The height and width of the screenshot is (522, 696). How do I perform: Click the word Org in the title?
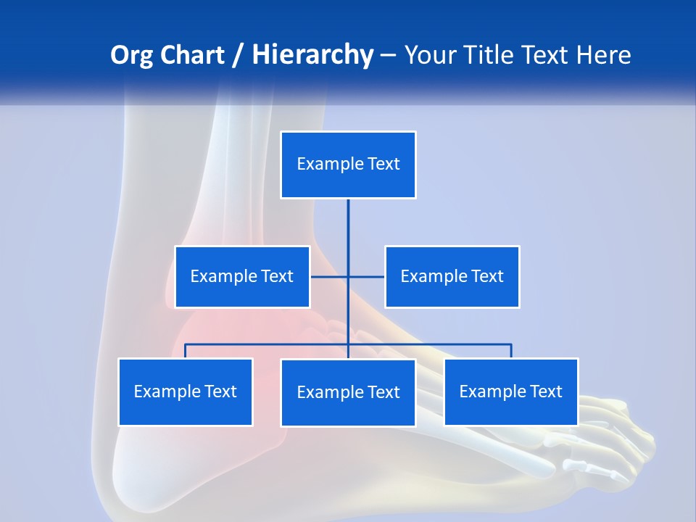[x=130, y=55]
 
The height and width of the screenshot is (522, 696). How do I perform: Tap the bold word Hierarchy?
[x=312, y=55]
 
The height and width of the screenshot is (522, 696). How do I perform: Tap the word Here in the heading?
[x=603, y=55]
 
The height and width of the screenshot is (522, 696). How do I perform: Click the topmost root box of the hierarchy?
[x=348, y=165]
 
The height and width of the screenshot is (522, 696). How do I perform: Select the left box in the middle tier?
[x=242, y=276]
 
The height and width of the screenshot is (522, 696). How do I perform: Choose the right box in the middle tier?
[x=452, y=276]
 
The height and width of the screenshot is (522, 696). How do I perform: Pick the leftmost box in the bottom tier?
[x=186, y=391]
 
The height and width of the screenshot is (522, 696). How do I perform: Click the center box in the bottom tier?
[x=348, y=392]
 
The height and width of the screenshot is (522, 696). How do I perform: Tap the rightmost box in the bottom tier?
[x=510, y=391]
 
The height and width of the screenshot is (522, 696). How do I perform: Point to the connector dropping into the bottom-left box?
[x=186, y=351]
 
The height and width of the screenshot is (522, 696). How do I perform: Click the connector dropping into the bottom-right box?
[x=511, y=351]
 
